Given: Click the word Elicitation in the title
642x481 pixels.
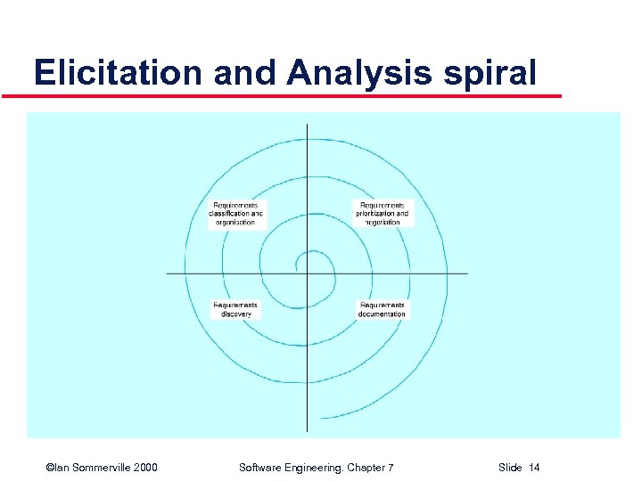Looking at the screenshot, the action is coord(118,72).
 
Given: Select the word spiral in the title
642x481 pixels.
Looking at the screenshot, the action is coord(490,72).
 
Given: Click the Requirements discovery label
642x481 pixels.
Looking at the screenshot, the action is coord(235,309).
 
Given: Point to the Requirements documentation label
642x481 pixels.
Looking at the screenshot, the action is coord(382,309).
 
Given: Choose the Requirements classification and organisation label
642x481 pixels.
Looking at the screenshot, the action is coord(236,214).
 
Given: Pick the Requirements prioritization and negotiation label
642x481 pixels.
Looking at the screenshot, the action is coord(383,214).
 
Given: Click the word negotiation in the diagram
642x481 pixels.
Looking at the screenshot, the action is coord(383,223).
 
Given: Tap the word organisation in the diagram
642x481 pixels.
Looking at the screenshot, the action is coord(236,223).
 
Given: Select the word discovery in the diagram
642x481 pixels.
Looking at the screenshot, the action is coord(235,314).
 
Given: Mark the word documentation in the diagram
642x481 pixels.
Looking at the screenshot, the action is coord(382,314).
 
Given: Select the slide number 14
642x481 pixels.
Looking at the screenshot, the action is coord(534,468).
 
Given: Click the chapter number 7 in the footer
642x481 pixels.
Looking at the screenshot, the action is coord(390,468).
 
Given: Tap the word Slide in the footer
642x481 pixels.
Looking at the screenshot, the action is coord(510,468).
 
